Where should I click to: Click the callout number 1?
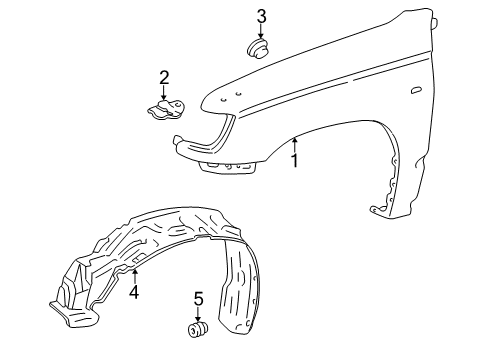(x=295, y=159)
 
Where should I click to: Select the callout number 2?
(x=164, y=77)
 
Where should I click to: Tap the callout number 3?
(x=262, y=16)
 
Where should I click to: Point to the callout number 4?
(x=134, y=293)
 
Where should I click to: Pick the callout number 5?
(x=198, y=298)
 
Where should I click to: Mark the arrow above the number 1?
(x=295, y=144)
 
